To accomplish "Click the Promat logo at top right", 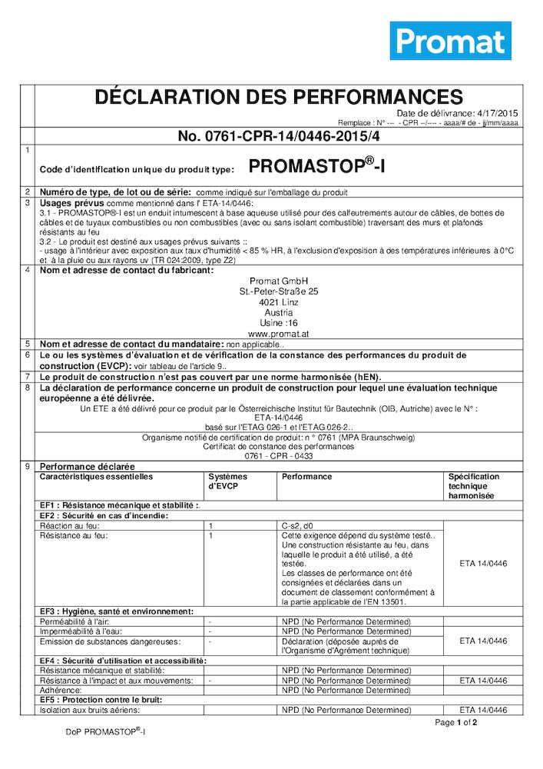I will click(450, 41).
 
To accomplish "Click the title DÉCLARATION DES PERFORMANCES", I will click(278, 97).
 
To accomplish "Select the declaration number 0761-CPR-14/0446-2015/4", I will click(279, 137).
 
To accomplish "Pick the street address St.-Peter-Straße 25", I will click(279, 292).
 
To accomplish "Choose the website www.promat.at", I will click(279, 335).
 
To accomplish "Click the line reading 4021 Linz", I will click(279, 303).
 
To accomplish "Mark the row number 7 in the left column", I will click(28, 377).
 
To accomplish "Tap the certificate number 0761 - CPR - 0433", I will click(279, 455).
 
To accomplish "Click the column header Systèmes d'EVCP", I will click(228, 481).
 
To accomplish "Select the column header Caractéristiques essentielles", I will click(96, 477).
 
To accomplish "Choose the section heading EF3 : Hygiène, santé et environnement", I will click(116, 611).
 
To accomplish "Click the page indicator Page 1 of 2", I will click(456, 723).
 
